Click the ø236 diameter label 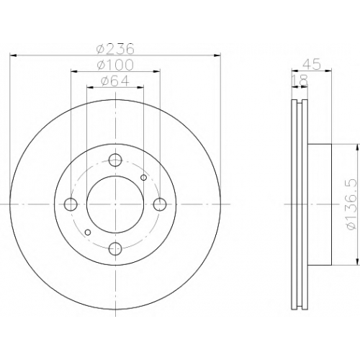115,49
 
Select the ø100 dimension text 115,65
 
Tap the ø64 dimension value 115,81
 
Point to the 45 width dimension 312,64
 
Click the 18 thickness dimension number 300,81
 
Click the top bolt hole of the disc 115,160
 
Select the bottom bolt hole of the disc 115,249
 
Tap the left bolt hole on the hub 71,204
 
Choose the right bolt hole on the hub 160,204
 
